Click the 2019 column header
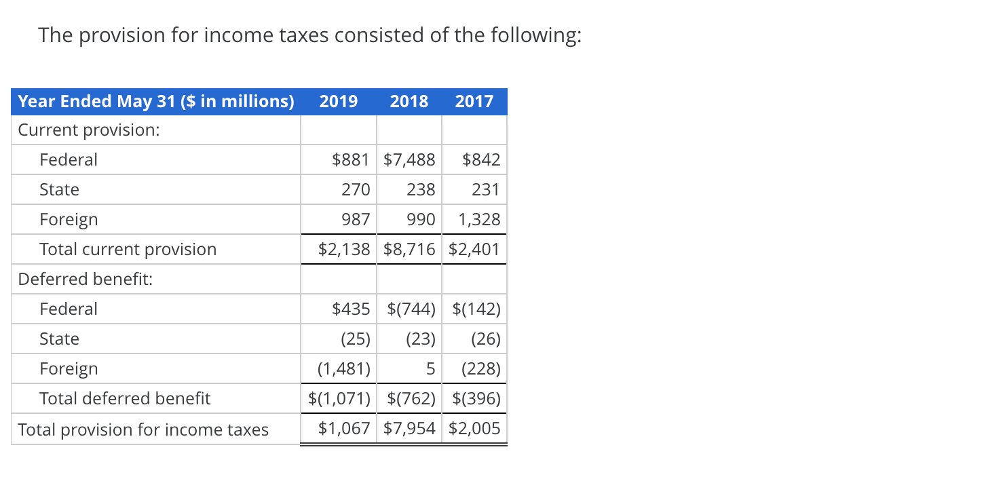point(338,102)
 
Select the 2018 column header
point(409,102)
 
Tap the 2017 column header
point(474,102)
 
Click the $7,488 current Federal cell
point(409,160)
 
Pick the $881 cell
point(350,160)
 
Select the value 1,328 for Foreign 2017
point(479,220)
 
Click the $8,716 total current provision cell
point(409,250)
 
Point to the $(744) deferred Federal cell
point(411,309)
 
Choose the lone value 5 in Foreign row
point(430,369)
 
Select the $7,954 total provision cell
point(409,429)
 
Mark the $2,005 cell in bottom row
point(474,429)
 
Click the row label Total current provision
point(128,250)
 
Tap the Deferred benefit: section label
point(85,280)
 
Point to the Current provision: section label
point(89,130)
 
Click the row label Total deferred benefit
point(125,399)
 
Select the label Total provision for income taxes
point(143,430)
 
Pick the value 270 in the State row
point(355,190)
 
